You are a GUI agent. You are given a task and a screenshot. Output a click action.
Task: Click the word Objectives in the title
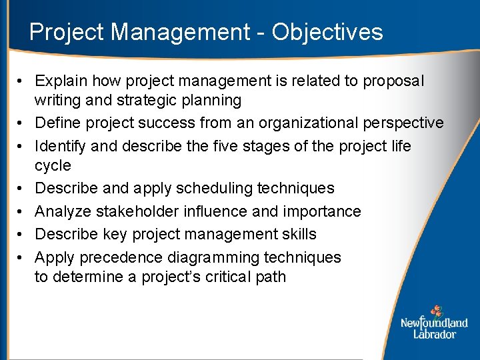(327, 32)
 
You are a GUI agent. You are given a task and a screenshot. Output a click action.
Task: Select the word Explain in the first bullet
(61, 81)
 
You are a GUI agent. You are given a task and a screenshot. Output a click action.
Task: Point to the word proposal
(393, 81)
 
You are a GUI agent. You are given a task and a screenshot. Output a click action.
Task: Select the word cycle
(53, 165)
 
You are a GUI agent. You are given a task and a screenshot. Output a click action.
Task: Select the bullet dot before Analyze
(21, 211)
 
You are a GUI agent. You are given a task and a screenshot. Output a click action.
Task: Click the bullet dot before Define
(21, 123)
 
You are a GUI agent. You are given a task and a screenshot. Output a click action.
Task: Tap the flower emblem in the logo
(437, 311)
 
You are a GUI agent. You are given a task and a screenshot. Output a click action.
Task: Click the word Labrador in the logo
(434, 333)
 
